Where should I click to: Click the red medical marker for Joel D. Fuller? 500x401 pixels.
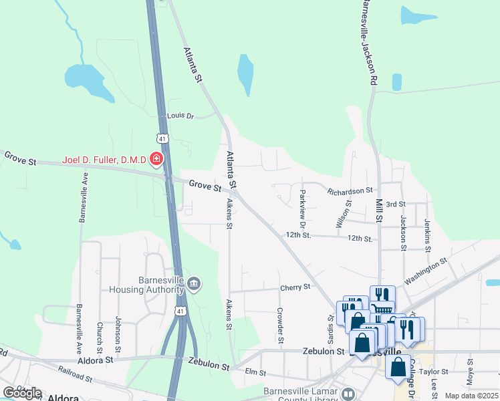tap(156, 159)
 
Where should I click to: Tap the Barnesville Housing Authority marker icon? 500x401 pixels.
tap(193, 285)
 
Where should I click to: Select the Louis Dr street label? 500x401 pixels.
tap(180, 116)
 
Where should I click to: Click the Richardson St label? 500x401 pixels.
tap(349, 191)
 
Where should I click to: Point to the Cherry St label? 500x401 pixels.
tap(296, 287)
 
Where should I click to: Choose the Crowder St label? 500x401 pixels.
tap(280, 322)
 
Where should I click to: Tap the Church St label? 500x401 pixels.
tap(100, 338)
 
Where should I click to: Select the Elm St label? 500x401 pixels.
tap(256, 372)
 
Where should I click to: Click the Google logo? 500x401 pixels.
tap(22, 393)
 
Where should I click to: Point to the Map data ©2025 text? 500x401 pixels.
tap(471, 396)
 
